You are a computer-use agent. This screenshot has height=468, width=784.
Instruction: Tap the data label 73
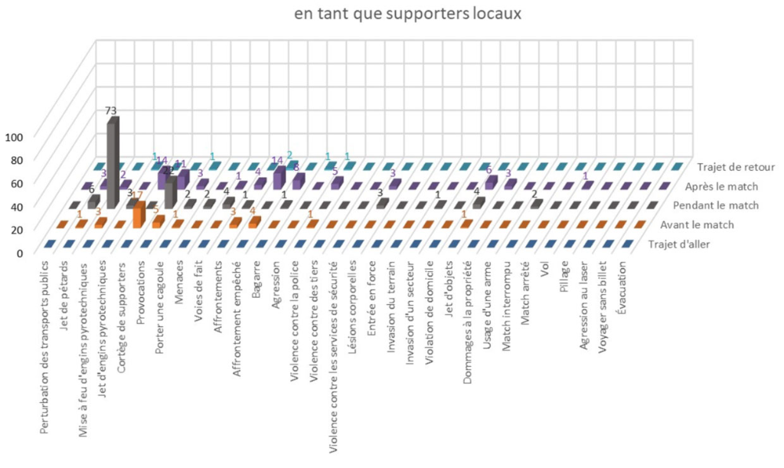(112, 110)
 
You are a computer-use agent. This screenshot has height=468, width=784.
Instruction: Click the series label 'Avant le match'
(700, 225)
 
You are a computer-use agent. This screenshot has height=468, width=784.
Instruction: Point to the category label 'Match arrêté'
(526, 289)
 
